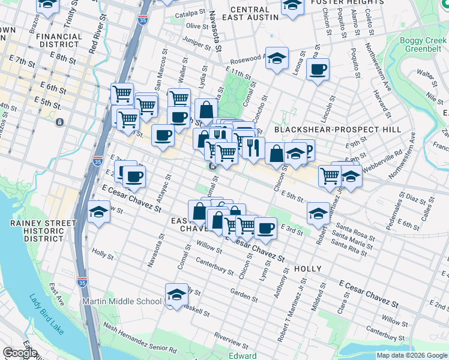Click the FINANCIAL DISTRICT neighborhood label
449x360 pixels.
pos(59,40)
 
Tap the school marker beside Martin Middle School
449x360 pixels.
pos(176,295)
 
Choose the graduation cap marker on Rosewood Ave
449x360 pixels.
pos(277,59)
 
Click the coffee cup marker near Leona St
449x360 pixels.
pos(318,68)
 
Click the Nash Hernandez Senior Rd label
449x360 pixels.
pos(140,337)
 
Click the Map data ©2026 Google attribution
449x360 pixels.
pos(412,355)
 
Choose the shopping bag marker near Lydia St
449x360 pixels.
pos(206,110)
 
